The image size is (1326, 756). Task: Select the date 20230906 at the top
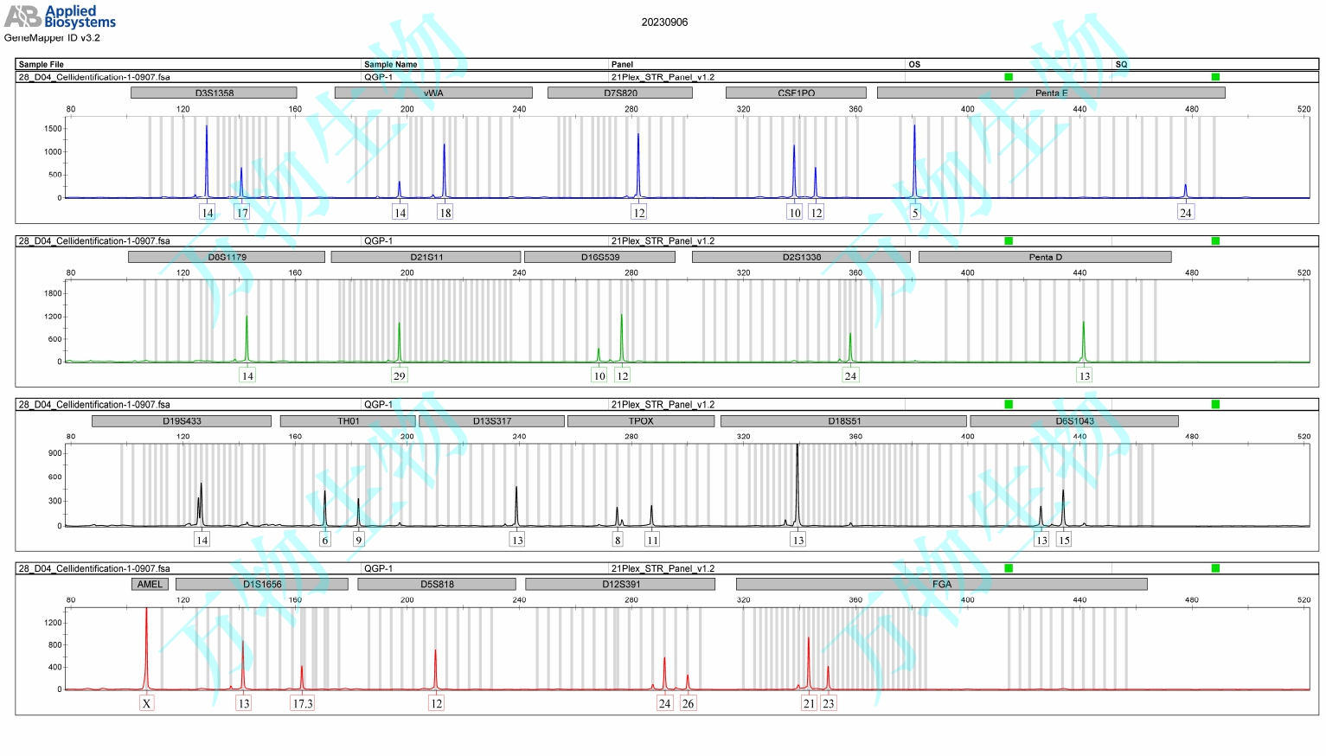(664, 22)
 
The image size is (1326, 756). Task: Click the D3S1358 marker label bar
(214, 93)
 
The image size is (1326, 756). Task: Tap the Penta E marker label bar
(1051, 93)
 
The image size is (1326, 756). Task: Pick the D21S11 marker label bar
(426, 257)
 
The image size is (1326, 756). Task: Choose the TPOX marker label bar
(641, 421)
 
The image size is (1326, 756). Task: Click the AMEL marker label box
(150, 585)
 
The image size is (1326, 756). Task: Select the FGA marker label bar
(941, 585)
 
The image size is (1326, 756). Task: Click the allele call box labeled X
(147, 703)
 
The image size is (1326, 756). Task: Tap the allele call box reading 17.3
(303, 703)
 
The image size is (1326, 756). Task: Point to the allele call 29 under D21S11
(399, 375)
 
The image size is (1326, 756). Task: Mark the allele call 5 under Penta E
(915, 213)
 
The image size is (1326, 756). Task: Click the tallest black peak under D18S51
(798, 484)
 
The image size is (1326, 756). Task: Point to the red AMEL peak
(146, 649)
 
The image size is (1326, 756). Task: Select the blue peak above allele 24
(1185, 190)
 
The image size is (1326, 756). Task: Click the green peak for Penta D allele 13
(1083, 342)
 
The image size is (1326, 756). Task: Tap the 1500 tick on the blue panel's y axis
(54, 129)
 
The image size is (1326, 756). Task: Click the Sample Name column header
(390, 64)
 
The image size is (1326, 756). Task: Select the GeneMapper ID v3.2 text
(52, 38)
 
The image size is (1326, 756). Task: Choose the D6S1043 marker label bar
(1074, 421)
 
